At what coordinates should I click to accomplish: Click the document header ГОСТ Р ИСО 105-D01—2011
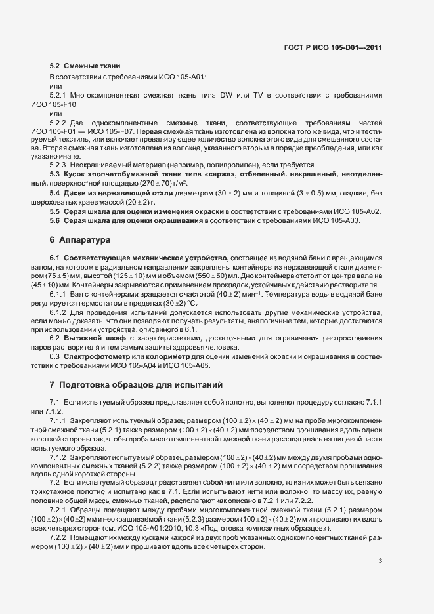coord(333,47)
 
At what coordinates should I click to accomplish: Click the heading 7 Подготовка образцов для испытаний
coord(137,383)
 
